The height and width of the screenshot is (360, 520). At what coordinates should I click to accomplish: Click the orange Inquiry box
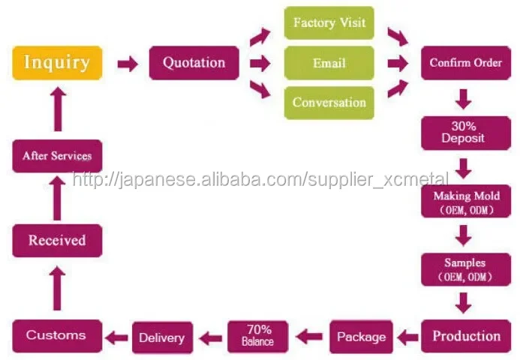coord(57,63)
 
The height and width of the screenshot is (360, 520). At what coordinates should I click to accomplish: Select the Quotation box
coord(194,63)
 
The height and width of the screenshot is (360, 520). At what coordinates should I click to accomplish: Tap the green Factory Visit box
coord(329,22)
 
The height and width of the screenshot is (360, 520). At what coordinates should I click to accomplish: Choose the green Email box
coord(329,63)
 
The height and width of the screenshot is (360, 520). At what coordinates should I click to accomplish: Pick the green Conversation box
coord(329,103)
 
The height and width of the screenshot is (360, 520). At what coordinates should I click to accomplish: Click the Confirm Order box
coord(465,63)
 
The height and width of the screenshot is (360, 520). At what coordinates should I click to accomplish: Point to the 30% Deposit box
coord(463,133)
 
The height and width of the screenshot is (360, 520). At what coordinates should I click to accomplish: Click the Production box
coord(466,336)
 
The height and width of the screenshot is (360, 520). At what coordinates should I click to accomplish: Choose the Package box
coord(361,337)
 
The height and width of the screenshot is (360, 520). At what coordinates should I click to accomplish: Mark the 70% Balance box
coord(257,336)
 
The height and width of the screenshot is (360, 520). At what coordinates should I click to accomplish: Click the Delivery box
coord(161,337)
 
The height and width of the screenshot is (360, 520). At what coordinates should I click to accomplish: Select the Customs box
coord(56,334)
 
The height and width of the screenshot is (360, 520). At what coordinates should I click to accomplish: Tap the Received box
coord(57,241)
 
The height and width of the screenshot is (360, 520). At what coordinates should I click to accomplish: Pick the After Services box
coord(57,156)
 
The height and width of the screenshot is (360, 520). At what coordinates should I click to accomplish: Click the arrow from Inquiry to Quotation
coord(128,64)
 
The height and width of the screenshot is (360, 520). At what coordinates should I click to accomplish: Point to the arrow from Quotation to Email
coord(260,63)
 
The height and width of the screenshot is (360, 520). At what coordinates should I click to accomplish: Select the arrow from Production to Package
coord(407,337)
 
